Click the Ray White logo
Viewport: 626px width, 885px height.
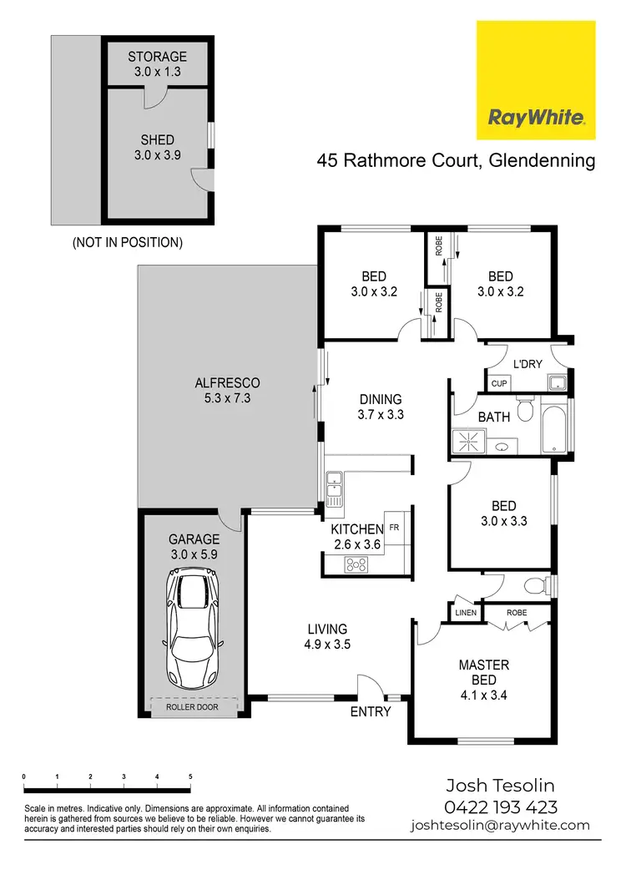536,80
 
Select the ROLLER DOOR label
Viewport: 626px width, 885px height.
191,705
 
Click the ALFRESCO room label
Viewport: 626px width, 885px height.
227,383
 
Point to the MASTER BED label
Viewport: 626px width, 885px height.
484,665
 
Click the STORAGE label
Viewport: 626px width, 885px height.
157,57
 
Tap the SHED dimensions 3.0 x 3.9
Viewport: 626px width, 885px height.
157,156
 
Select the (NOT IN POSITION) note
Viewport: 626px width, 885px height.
128,243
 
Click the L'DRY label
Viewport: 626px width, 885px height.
528,365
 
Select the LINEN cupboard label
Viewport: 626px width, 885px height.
465,614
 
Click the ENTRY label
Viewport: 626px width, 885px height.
371,711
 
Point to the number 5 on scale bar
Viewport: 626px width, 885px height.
190,776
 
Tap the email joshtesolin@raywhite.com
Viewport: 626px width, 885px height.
499,825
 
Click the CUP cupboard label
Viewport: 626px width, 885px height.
498,383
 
